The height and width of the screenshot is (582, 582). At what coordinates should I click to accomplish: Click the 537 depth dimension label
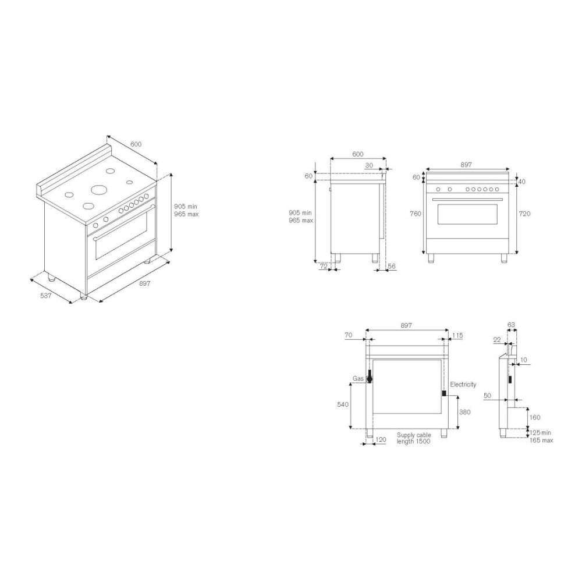(45, 296)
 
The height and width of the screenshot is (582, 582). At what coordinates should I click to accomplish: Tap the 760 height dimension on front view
(416, 214)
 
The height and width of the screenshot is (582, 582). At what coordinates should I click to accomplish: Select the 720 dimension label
(524, 214)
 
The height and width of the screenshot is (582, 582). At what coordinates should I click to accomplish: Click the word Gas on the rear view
(358, 379)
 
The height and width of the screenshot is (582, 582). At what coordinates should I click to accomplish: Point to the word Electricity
(463, 385)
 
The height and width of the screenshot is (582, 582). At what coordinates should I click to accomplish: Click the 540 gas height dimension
(343, 404)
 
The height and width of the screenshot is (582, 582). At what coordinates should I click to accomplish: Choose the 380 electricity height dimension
(464, 412)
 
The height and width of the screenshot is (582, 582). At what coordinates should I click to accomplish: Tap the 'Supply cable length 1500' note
(414, 438)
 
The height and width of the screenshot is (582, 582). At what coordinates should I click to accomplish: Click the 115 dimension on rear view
(457, 336)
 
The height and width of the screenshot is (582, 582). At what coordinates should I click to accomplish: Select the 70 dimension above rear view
(348, 335)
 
